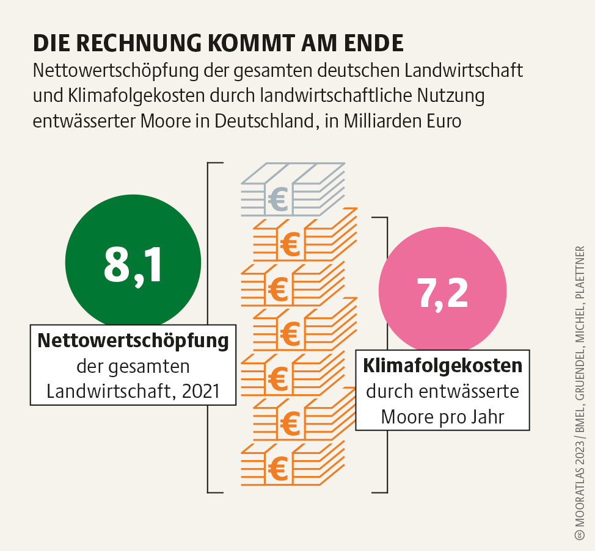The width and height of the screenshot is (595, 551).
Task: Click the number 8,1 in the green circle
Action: (x=133, y=264)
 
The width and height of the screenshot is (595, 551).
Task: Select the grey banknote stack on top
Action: (x=292, y=189)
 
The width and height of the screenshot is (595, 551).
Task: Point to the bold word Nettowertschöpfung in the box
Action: (x=133, y=340)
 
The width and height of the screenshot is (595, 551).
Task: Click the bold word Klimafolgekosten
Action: (x=443, y=366)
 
